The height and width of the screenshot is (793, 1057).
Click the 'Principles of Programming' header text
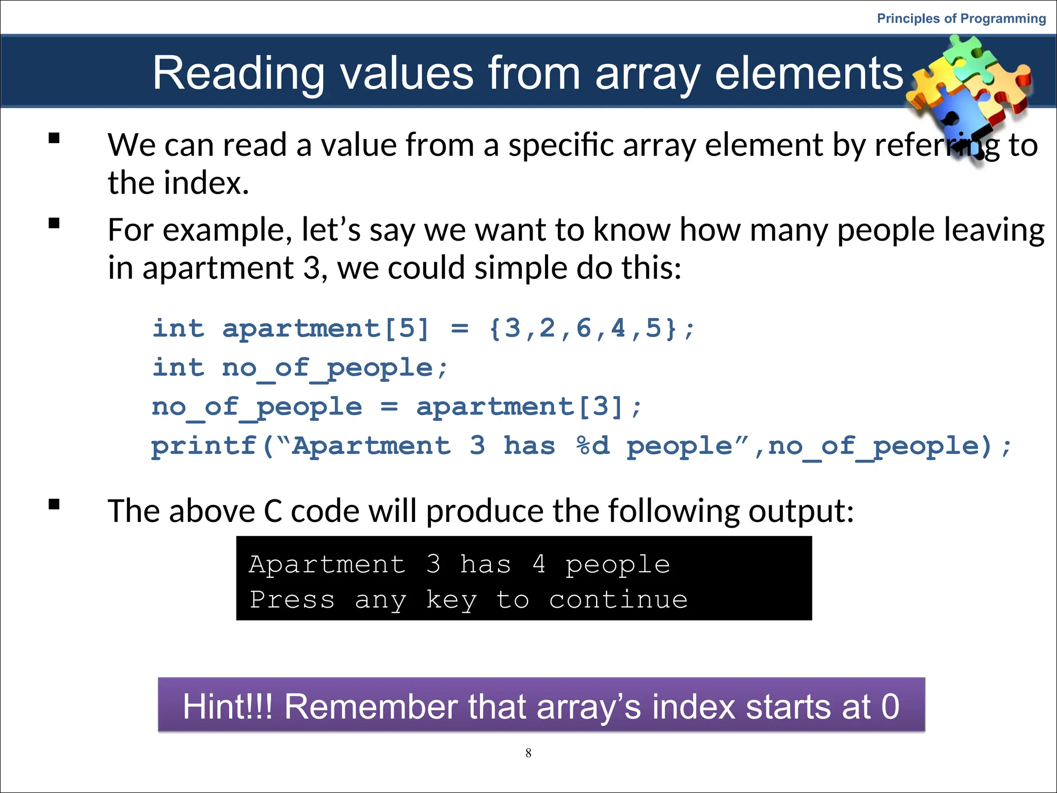click(x=961, y=19)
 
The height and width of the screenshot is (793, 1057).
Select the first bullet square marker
click(x=54, y=138)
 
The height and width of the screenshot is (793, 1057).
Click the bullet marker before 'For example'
click(x=54, y=224)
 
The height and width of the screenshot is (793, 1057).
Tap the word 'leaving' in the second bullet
click(x=994, y=230)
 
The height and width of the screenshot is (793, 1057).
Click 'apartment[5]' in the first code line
click(x=326, y=328)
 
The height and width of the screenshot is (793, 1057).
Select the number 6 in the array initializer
click(x=583, y=328)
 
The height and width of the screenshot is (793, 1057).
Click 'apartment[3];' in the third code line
click(x=529, y=407)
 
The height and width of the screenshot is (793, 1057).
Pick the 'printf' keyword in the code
click(x=204, y=446)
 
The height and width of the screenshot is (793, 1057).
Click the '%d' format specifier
click(x=593, y=446)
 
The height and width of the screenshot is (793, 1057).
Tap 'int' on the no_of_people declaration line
click(x=178, y=368)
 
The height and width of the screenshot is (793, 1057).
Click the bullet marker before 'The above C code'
click(x=54, y=504)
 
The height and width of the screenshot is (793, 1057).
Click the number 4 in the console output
click(x=539, y=564)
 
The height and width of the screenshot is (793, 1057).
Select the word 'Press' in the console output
click(x=292, y=600)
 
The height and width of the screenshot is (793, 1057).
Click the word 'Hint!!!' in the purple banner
click(x=228, y=706)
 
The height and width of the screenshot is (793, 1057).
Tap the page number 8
click(x=528, y=753)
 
